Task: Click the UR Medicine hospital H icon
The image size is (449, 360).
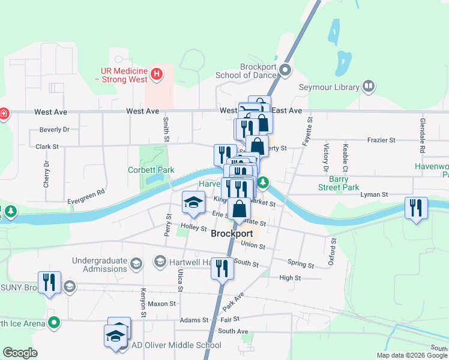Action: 157,74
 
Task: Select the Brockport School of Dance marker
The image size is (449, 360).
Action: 285,71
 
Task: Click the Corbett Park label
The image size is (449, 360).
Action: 151,170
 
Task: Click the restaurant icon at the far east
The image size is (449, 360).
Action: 416,208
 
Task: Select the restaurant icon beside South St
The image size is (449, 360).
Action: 222,268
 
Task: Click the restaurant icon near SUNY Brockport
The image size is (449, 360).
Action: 49,283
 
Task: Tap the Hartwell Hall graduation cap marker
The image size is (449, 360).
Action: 160,261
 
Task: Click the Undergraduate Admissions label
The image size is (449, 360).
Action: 100,265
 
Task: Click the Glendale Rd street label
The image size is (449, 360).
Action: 423,140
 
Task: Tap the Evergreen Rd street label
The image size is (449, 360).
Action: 86,192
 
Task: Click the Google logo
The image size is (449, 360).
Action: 20,353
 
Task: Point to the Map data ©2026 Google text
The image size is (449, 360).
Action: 411,355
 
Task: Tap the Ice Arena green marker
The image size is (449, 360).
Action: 55,323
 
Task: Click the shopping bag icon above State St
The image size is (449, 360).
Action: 240,209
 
